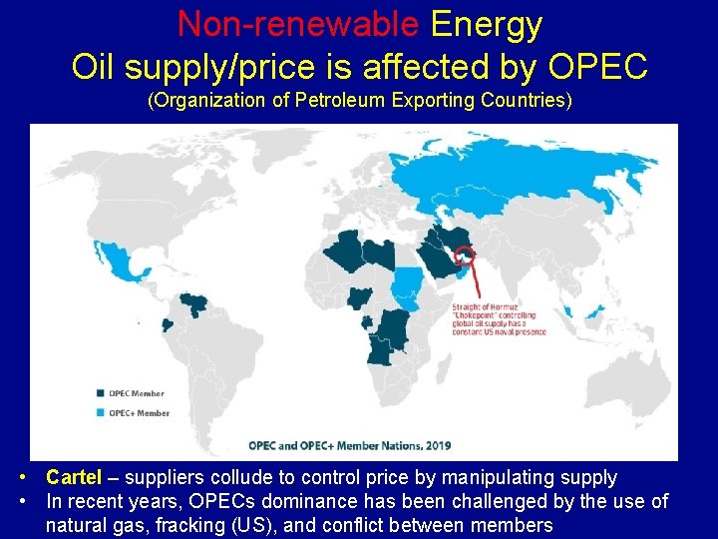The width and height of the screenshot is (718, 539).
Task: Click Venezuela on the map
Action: (194, 303)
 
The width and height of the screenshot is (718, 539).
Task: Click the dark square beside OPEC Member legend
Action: (102, 393)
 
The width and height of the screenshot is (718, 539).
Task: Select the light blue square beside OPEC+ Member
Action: (102, 412)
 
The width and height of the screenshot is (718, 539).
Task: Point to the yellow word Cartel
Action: (74, 478)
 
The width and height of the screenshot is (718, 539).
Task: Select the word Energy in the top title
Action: (487, 24)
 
